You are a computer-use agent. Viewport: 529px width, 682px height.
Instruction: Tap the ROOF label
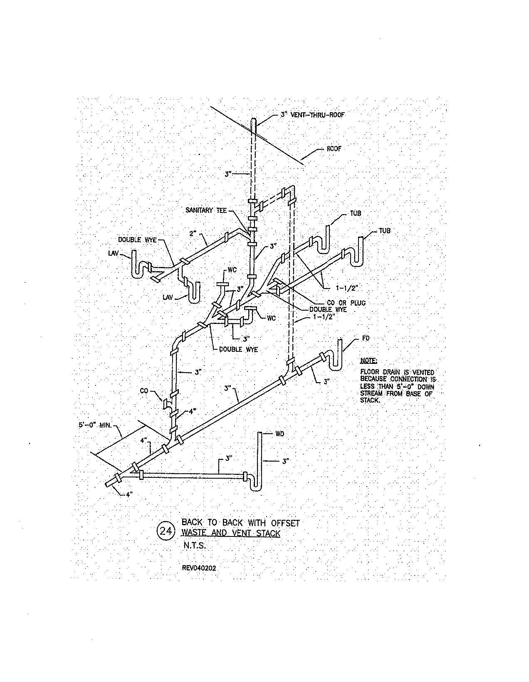coord(334,148)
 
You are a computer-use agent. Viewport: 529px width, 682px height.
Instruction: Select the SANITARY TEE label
coord(206,210)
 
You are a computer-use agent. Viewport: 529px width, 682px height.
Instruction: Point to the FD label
coord(366,339)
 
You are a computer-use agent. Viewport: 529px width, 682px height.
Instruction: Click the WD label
coord(280,434)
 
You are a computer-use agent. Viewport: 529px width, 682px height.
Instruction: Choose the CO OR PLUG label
coord(346,303)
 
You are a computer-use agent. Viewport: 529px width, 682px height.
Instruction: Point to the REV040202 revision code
coord(199,568)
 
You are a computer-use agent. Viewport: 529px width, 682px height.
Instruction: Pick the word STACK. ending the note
coord(371,400)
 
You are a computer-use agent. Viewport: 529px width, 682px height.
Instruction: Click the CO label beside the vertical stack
coord(144,391)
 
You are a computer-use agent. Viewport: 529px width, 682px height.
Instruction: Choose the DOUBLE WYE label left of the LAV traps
coord(137,240)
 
